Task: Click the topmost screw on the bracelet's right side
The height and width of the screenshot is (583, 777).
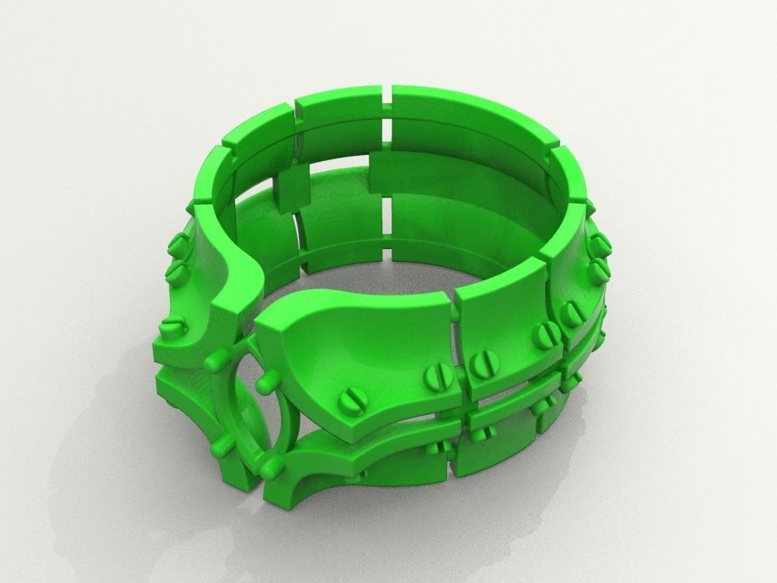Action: click(x=599, y=244)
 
